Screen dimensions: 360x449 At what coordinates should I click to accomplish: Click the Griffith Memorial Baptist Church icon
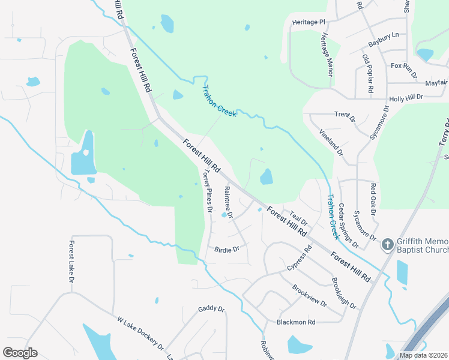pos(387,245)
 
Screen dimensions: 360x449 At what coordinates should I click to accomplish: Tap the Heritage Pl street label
pos(309,22)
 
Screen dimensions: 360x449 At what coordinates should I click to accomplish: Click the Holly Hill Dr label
pos(406,97)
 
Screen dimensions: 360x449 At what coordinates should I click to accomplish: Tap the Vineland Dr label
pos(331,142)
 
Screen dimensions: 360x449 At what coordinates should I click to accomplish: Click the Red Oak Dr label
pos(373,200)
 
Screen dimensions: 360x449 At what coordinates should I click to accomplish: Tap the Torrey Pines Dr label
pos(207,190)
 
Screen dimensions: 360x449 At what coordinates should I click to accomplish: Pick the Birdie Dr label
pos(227,248)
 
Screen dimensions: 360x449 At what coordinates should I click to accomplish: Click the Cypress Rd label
pos(300,256)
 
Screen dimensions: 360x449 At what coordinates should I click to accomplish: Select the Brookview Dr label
pos(310,295)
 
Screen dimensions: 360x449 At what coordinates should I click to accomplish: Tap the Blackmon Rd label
pos(296,322)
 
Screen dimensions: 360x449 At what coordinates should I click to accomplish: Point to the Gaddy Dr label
pos(211,310)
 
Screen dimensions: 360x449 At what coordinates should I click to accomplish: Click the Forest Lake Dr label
pos(71,262)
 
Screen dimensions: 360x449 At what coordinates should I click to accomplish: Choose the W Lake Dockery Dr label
pos(140,334)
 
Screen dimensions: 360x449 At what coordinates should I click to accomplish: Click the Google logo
pos(20,353)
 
